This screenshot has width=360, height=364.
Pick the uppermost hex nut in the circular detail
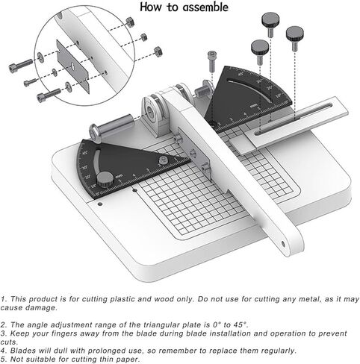click(x=131, y=22)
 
